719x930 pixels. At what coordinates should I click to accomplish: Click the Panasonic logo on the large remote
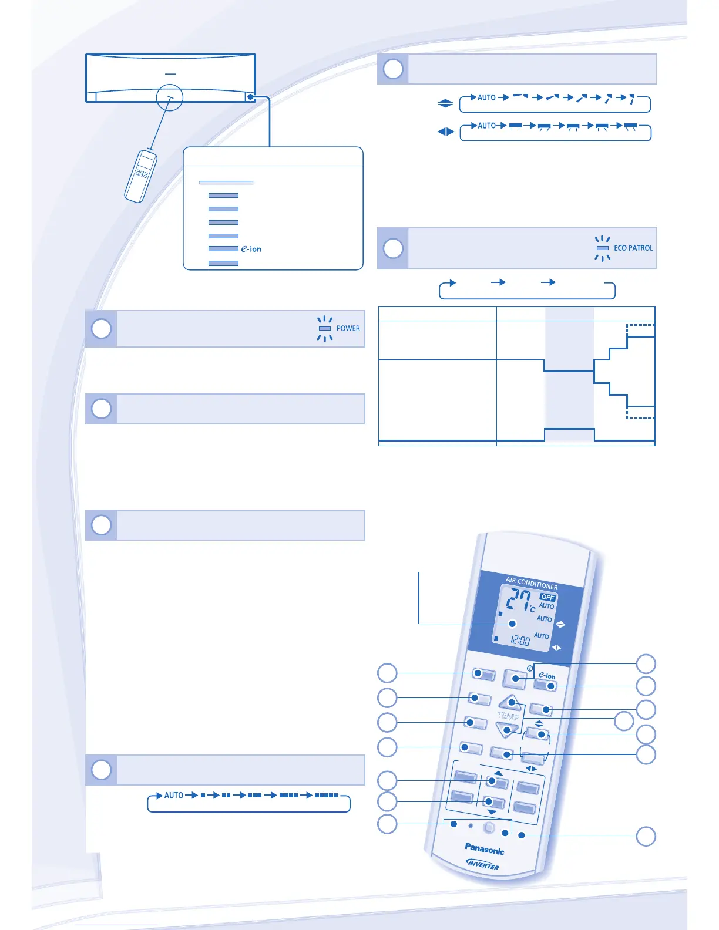click(x=484, y=848)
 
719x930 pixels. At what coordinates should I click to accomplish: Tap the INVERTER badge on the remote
click(x=483, y=864)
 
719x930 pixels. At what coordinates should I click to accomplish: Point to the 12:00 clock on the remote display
click(x=520, y=639)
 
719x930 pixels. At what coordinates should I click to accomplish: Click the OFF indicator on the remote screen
click(x=547, y=597)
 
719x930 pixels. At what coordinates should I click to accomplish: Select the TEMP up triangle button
click(x=510, y=702)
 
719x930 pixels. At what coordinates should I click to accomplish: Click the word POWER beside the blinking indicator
click(x=348, y=328)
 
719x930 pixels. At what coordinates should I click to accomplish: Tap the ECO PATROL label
click(x=633, y=248)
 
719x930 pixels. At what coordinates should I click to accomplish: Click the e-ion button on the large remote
click(x=546, y=685)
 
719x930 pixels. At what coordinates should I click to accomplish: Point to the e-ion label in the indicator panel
click(x=251, y=249)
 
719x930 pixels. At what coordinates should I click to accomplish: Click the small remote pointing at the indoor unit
click(x=141, y=176)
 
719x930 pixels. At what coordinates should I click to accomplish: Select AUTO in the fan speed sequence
click(x=174, y=795)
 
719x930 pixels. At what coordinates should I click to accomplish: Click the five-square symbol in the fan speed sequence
click(x=326, y=795)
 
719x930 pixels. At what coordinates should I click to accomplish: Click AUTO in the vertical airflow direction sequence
click(x=486, y=97)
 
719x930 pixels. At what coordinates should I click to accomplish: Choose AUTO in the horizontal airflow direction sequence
click(x=486, y=126)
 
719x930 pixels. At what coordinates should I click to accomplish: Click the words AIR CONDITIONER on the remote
click(x=532, y=582)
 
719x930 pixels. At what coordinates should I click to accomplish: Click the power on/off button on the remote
click(x=515, y=679)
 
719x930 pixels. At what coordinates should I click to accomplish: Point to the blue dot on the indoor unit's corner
click(x=251, y=97)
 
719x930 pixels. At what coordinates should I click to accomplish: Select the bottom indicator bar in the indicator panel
click(x=223, y=263)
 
